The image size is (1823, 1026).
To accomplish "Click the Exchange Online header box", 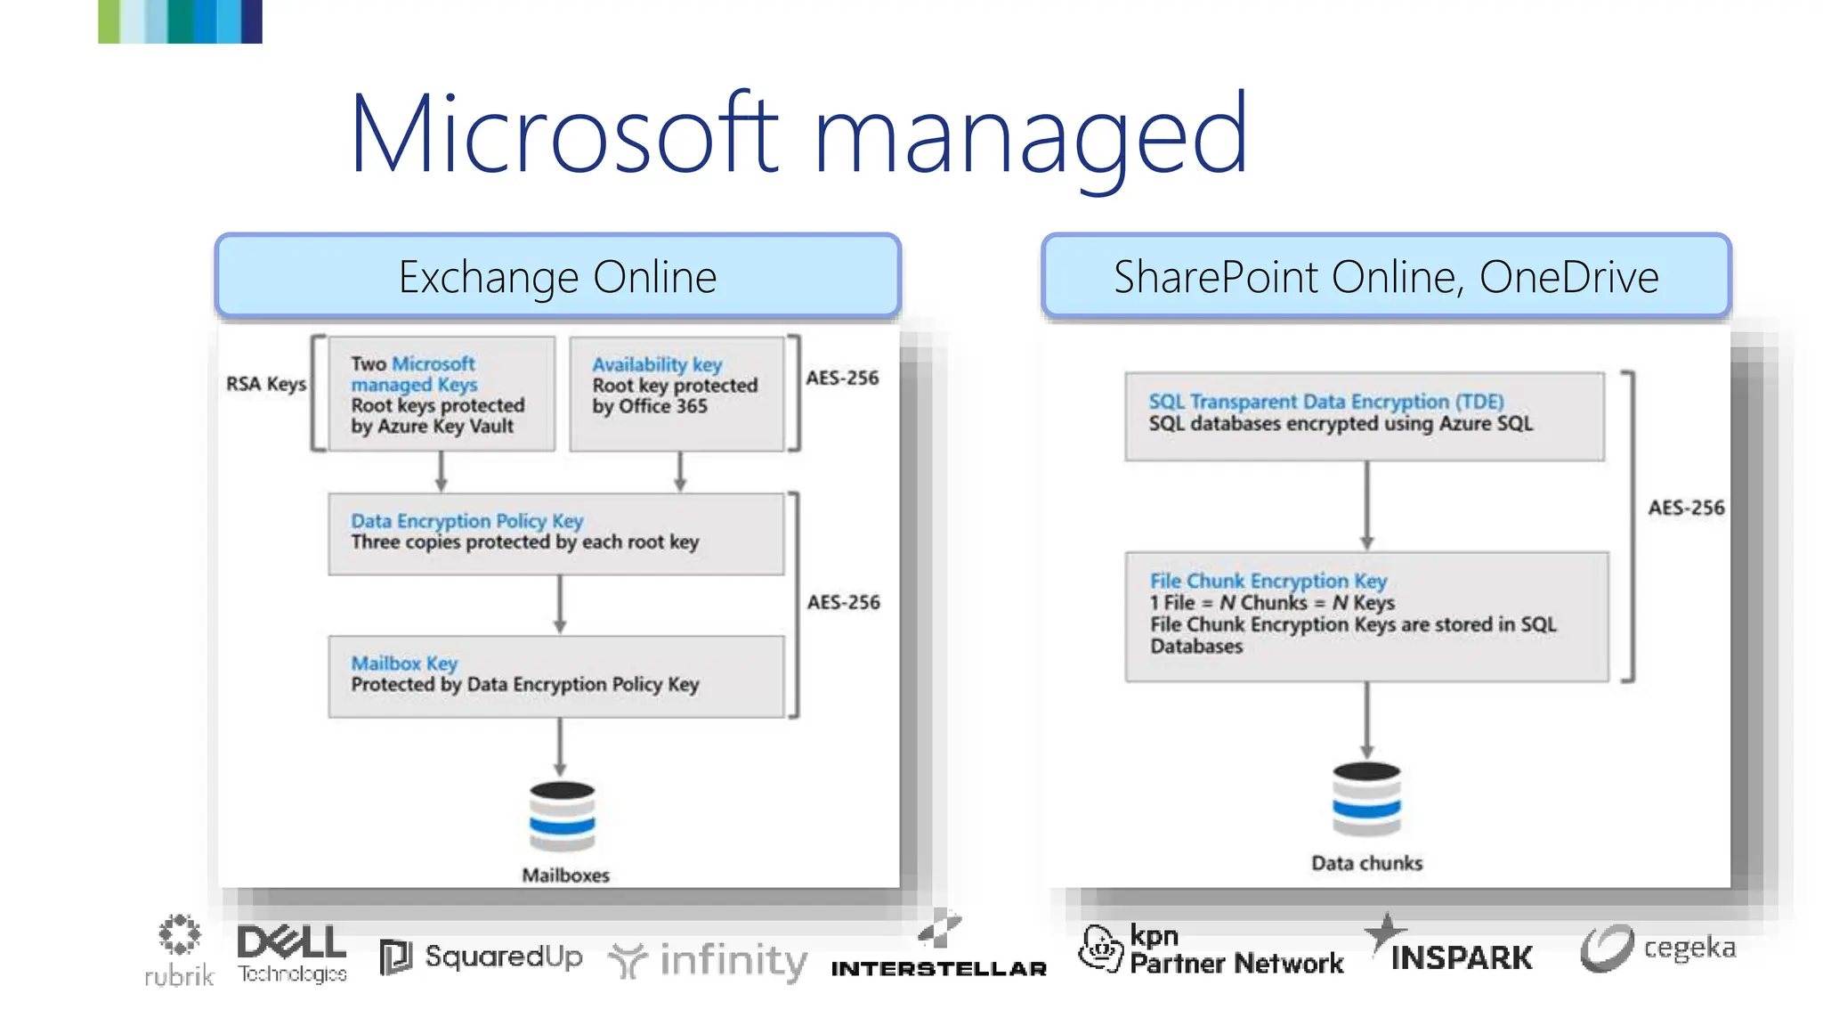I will click(x=558, y=276).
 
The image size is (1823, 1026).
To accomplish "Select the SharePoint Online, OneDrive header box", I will click(x=1386, y=276).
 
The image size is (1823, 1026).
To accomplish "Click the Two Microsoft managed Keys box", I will click(x=442, y=394).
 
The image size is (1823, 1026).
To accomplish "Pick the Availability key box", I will click(x=677, y=394).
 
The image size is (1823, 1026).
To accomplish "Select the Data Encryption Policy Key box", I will click(x=556, y=533).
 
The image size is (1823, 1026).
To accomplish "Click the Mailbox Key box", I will click(x=556, y=676).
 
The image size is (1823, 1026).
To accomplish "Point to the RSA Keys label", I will click(x=265, y=384).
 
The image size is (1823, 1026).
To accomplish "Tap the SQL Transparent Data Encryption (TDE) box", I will click(x=1365, y=416).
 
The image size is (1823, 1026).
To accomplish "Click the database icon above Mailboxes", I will click(x=562, y=817).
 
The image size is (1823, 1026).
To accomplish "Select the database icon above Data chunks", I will click(x=1366, y=799).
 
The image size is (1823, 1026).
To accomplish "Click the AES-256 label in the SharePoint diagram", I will click(x=1685, y=508).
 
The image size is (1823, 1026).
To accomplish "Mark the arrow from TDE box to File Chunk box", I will click(x=1367, y=505).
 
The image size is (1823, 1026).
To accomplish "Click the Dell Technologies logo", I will click(x=292, y=953).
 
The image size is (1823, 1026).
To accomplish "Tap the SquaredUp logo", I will click(x=482, y=957).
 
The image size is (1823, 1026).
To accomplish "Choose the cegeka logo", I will click(x=1658, y=949).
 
